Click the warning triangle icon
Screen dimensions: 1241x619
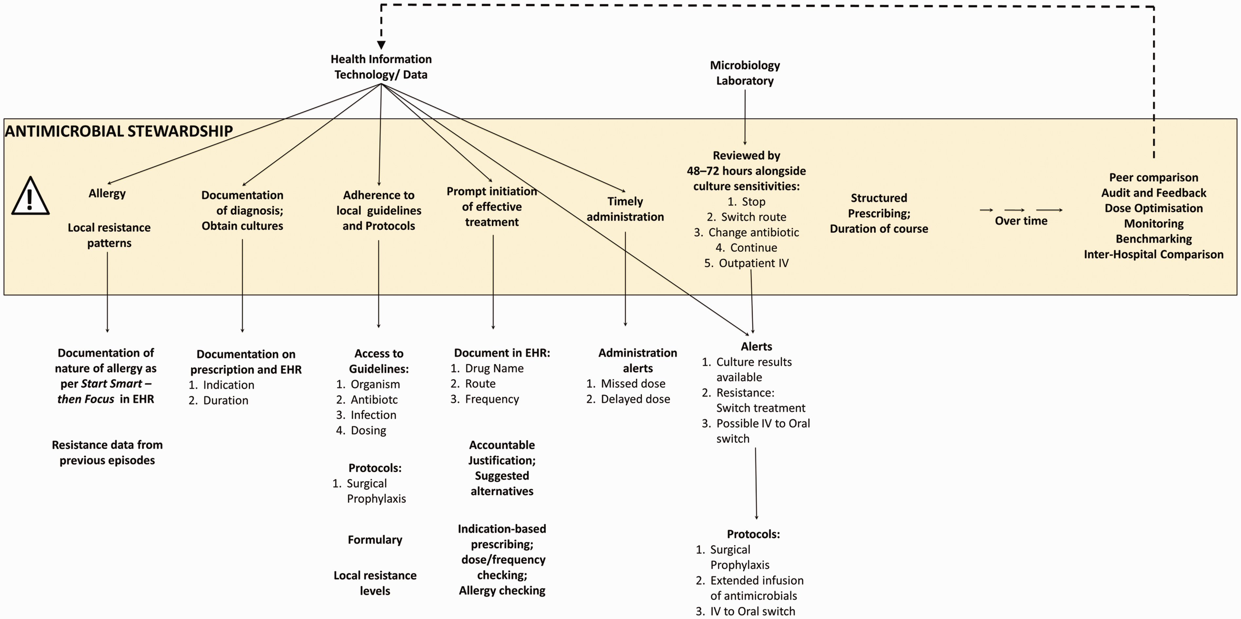30,196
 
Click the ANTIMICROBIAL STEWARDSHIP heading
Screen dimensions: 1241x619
119,131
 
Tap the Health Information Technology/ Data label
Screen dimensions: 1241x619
381,66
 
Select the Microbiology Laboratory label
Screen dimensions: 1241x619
745,73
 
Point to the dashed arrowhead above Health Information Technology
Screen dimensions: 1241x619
381,45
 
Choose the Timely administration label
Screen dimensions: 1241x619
625,209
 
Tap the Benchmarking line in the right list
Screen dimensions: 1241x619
1154,239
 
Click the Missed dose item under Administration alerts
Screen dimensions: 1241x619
626,384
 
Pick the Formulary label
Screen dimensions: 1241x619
375,540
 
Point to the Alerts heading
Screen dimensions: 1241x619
757,347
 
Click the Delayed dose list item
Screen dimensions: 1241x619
628,399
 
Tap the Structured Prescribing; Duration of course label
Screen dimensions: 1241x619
879,214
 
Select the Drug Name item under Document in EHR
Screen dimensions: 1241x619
487,368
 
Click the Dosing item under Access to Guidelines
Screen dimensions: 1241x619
361,430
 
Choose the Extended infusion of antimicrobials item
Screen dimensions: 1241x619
750,588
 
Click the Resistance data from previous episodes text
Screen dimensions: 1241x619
107,453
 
